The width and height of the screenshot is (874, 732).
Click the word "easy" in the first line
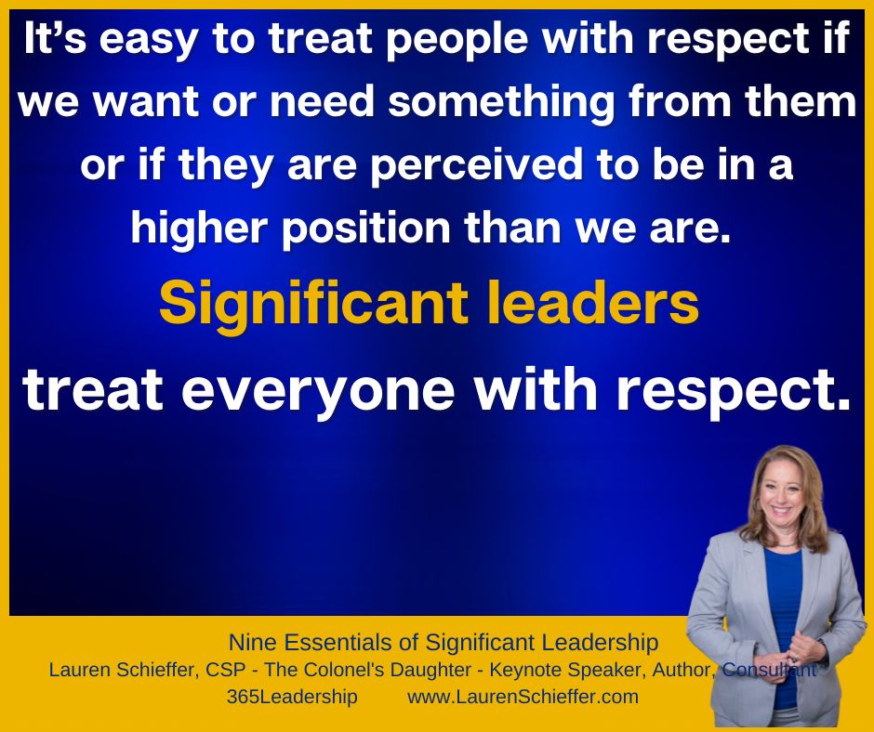pyautogui.click(x=149, y=41)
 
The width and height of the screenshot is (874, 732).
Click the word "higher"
pyautogui.click(x=199, y=229)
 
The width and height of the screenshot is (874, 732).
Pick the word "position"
pyautogui.click(x=366, y=229)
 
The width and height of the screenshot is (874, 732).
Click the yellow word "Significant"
pyautogui.click(x=313, y=305)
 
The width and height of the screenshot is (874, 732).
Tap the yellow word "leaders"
pyautogui.click(x=593, y=304)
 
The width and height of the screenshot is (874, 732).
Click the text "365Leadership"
pyautogui.click(x=292, y=697)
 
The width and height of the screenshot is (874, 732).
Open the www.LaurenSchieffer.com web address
pyautogui.click(x=523, y=697)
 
